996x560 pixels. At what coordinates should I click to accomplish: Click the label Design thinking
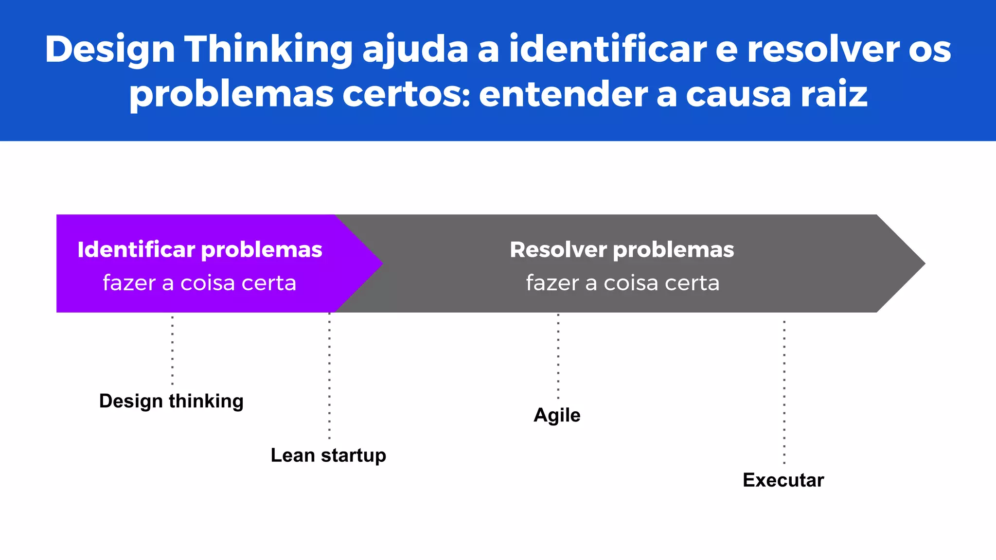click(171, 402)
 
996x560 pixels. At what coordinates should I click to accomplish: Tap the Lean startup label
click(328, 455)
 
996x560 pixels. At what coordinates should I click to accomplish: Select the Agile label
click(557, 415)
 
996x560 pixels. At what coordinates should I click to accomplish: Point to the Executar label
click(783, 480)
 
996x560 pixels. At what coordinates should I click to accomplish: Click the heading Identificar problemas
click(199, 250)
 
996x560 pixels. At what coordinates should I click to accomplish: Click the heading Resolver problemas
click(622, 250)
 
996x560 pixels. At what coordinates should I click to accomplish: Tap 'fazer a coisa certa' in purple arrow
click(199, 283)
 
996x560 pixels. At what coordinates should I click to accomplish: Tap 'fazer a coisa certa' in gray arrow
click(622, 283)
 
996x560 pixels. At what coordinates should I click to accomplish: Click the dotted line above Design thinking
click(172, 350)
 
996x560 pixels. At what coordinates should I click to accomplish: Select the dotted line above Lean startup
click(329, 377)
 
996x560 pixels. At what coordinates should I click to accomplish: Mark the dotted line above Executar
click(784, 391)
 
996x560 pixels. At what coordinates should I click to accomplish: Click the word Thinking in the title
click(268, 50)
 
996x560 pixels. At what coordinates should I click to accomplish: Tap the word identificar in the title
click(607, 50)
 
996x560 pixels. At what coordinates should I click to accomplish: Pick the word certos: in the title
click(406, 94)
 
